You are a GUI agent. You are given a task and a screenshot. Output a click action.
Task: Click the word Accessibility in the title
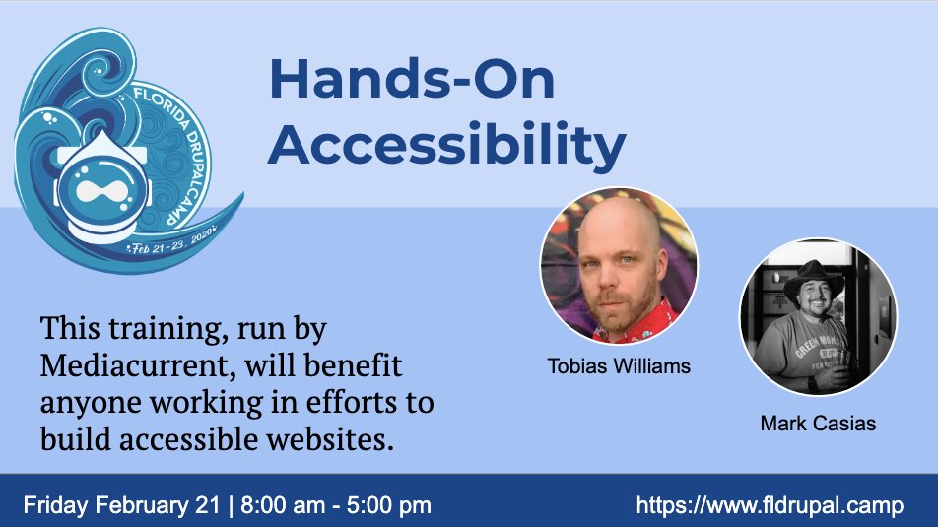point(446,145)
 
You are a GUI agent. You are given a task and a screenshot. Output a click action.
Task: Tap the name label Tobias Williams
point(619,366)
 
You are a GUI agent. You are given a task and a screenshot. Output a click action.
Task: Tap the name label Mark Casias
point(818,424)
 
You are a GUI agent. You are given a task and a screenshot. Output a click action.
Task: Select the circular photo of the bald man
point(619,264)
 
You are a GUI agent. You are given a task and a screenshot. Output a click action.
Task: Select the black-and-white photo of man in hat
point(818,317)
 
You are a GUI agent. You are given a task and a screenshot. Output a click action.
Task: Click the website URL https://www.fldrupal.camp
point(770,505)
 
